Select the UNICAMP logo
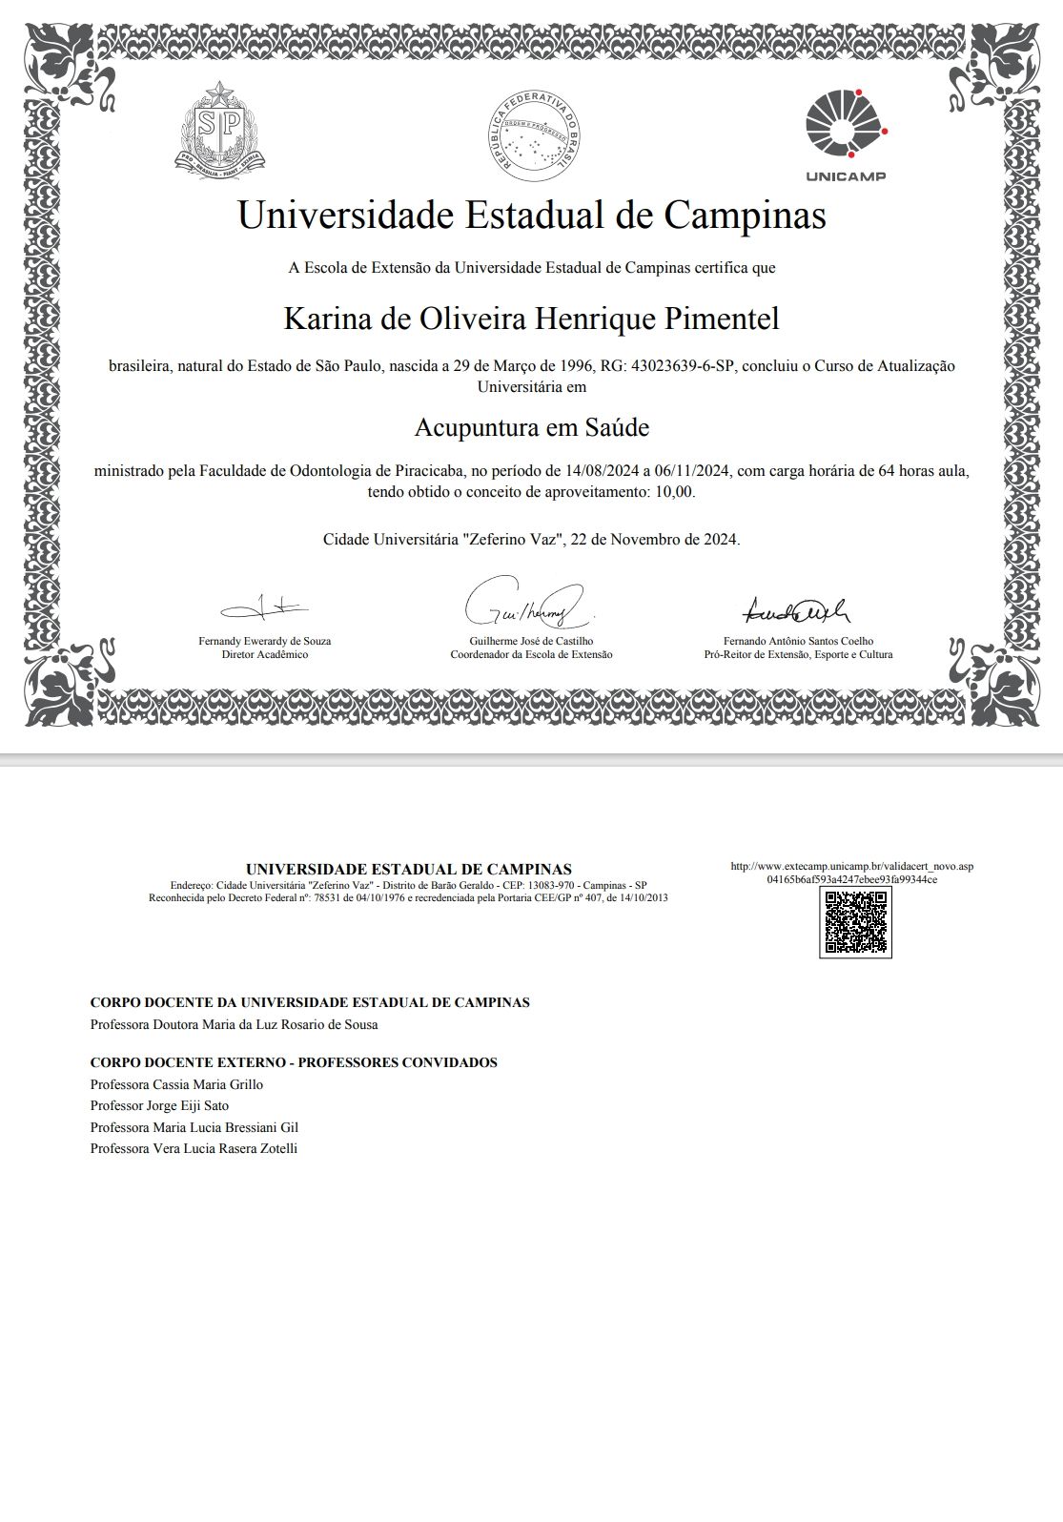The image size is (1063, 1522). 846,134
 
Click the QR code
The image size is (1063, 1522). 855,922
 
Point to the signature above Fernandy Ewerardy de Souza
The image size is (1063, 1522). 264,607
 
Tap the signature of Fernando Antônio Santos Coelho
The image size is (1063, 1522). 796,608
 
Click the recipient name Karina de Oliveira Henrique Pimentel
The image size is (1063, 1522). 531,319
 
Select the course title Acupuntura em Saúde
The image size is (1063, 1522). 531,427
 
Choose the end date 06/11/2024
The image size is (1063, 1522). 693,471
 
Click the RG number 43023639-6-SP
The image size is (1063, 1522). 683,366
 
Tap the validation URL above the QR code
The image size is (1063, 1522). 851,866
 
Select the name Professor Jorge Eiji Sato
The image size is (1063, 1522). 159,1106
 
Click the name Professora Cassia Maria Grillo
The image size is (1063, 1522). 176,1084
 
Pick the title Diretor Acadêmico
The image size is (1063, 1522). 264,655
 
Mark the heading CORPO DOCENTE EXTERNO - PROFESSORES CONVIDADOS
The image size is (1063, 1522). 294,1062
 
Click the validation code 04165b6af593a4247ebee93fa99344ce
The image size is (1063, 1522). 851,879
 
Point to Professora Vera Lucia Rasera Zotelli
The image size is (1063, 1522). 194,1149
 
